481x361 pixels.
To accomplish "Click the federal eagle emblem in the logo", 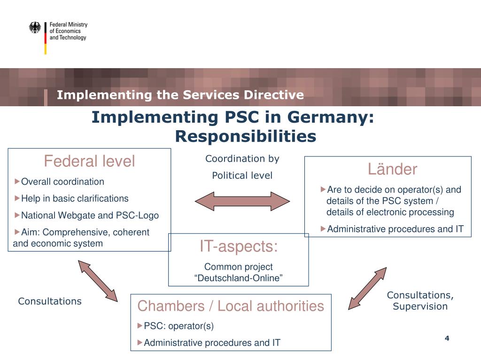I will (x=35, y=28).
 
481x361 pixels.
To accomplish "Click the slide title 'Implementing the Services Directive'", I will (x=180, y=95).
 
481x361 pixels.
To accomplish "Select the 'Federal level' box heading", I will (x=89, y=161).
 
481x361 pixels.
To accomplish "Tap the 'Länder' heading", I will (x=392, y=169).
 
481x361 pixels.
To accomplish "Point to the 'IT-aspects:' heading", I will (x=239, y=246).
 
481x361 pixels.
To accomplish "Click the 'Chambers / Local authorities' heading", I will (x=231, y=306).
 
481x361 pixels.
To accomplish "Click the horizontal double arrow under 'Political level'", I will (x=242, y=201).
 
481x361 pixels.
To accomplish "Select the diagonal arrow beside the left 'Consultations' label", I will (x=98, y=280).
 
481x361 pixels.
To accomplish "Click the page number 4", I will (x=447, y=338).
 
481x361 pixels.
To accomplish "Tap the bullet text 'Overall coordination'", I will (x=63, y=181).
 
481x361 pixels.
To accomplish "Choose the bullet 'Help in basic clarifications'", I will (x=75, y=198).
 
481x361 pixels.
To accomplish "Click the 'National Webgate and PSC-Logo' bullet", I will (x=90, y=215).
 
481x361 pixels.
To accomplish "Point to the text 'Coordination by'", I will (x=242, y=159).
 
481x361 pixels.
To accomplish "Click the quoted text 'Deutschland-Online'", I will (x=239, y=278).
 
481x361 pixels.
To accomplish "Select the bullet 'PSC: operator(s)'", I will (x=178, y=326).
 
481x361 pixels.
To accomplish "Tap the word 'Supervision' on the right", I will (x=420, y=306).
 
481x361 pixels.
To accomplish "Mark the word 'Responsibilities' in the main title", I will (x=246, y=136).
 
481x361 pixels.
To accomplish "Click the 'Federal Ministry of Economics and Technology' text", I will (x=69, y=31).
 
